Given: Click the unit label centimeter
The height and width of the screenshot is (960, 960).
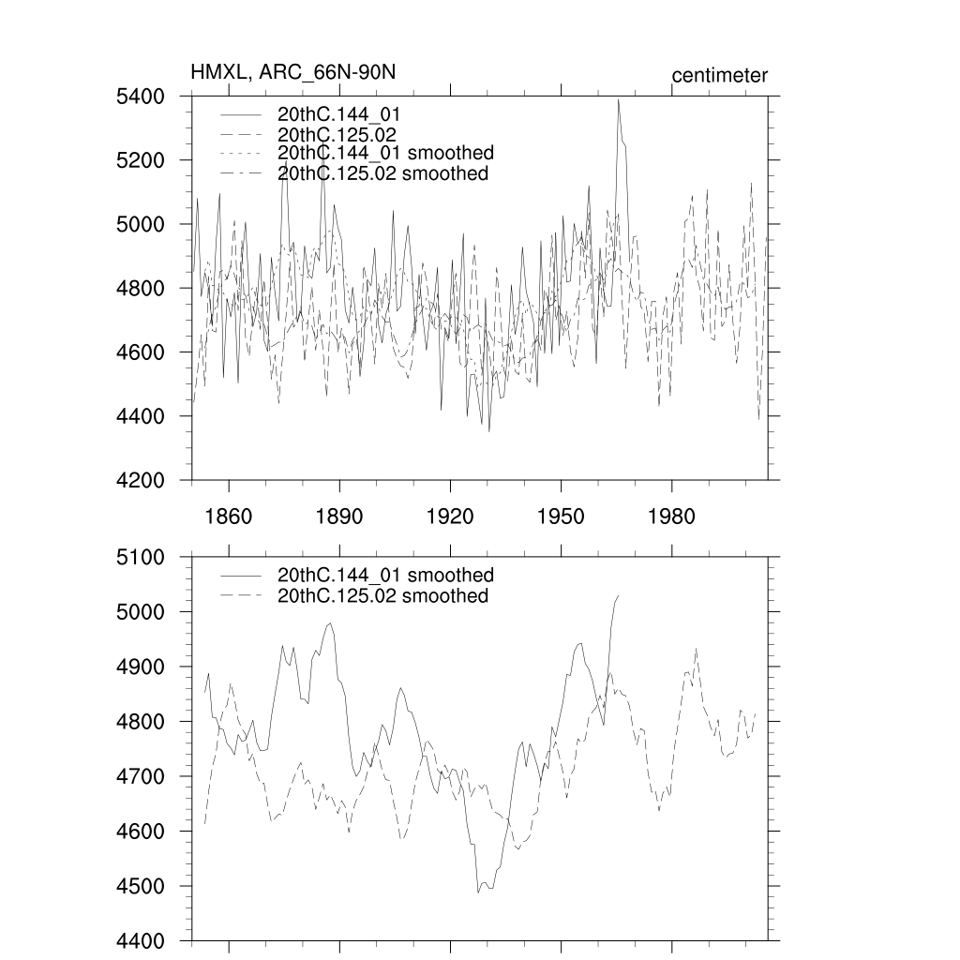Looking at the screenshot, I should pyautogui.click(x=719, y=75).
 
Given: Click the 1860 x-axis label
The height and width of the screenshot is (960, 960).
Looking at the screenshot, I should pyautogui.click(x=229, y=517).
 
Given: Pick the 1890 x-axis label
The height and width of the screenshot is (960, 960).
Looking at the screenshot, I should pyautogui.click(x=339, y=517).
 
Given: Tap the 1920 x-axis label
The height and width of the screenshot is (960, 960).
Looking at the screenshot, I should pyautogui.click(x=450, y=517).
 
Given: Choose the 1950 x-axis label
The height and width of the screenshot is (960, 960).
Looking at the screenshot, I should pyautogui.click(x=561, y=517).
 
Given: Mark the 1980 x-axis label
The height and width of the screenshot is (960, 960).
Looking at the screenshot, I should pyautogui.click(x=671, y=517).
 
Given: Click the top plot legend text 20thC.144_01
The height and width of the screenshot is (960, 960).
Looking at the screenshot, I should pyautogui.click(x=339, y=113).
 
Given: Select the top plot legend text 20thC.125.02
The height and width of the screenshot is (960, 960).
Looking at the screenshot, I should pyautogui.click(x=339, y=134).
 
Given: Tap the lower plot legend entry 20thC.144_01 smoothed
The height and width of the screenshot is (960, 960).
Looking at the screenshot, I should pyautogui.click(x=385, y=576).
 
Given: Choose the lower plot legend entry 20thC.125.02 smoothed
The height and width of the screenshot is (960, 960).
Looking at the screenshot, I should pyautogui.click(x=383, y=596).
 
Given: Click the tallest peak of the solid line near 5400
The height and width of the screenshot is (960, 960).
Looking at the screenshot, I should pyautogui.click(x=619, y=100).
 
